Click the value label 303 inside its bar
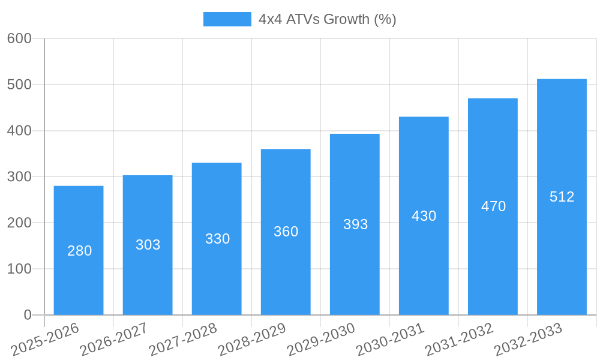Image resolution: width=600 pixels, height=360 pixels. click(x=148, y=245)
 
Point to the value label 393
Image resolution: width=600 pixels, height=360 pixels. click(x=355, y=224)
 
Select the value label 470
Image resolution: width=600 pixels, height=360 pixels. click(x=493, y=206)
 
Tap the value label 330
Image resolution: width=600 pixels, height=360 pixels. click(x=217, y=239)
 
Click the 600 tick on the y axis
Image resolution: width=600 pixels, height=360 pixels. click(x=19, y=38)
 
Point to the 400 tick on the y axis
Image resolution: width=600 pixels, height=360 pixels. click(x=19, y=131)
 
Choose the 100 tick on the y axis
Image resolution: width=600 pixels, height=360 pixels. click(x=19, y=269)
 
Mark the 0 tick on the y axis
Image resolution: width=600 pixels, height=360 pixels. click(x=28, y=315)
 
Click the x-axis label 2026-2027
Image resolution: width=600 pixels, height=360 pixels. click(x=113, y=339)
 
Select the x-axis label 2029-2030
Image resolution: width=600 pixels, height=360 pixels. click(x=321, y=339)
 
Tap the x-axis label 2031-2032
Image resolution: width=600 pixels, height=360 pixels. click(x=459, y=339)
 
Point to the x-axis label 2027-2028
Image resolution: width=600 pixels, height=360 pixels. click(x=182, y=339)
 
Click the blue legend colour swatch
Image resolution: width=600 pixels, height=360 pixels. click(x=227, y=19)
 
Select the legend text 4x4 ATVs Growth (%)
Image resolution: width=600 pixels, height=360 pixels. click(x=327, y=19)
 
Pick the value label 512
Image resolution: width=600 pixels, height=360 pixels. click(x=562, y=197)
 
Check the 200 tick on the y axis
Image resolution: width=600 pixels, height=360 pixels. click(x=19, y=223)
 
